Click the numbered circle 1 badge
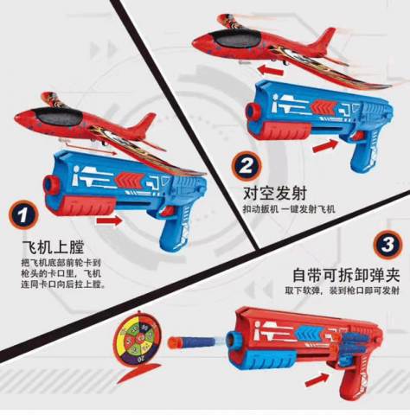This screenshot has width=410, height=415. tap(23, 214)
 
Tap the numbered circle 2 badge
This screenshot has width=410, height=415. tap(247, 166)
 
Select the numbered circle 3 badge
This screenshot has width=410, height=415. tap(388, 245)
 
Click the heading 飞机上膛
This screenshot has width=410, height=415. tap(53, 247)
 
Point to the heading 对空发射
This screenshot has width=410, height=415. tap(275, 194)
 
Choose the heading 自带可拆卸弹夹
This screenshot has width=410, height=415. tap(346, 275)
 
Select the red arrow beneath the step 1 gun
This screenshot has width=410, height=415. tap(109, 221)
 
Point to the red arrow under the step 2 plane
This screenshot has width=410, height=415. tap(271, 70)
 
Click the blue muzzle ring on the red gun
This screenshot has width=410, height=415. tap(235, 340)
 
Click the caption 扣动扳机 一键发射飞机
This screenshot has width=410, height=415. tap(289, 209)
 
